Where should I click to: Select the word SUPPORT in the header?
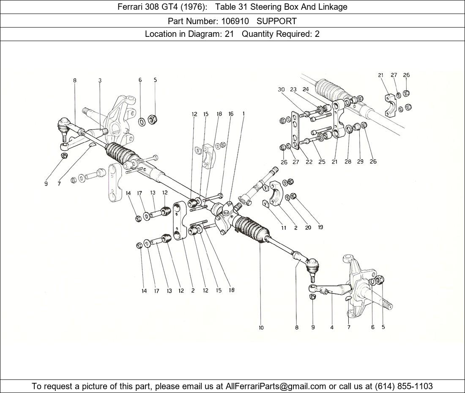click(x=276, y=21)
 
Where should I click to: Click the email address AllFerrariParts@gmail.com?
click(x=276, y=386)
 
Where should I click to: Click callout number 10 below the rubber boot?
click(x=261, y=327)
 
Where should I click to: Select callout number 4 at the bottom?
click(x=332, y=327)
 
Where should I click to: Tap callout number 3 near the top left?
click(x=100, y=80)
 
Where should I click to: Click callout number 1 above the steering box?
click(x=243, y=113)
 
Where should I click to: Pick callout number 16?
click(x=231, y=113)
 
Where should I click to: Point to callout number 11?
click(x=284, y=227)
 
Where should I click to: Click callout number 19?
click(x=320, y=227)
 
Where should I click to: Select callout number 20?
click(x=308, y=227)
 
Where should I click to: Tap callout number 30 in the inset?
click(x=282, y=89)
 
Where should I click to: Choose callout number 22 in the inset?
click(x=309, y=162)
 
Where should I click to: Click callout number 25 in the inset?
click(x=322, y=162)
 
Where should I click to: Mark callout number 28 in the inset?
click(x=347, y=162)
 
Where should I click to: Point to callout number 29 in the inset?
click(x=360, y=162)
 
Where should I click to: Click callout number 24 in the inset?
click(x=306, y=89)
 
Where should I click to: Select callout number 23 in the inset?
click(x=293, y=89)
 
